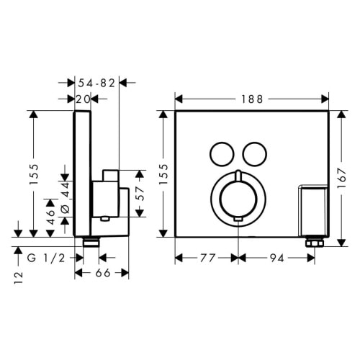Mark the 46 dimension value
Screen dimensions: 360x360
click(50, 217)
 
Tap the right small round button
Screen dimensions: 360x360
click(253, 152)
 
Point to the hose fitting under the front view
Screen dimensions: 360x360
click(313, 243)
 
